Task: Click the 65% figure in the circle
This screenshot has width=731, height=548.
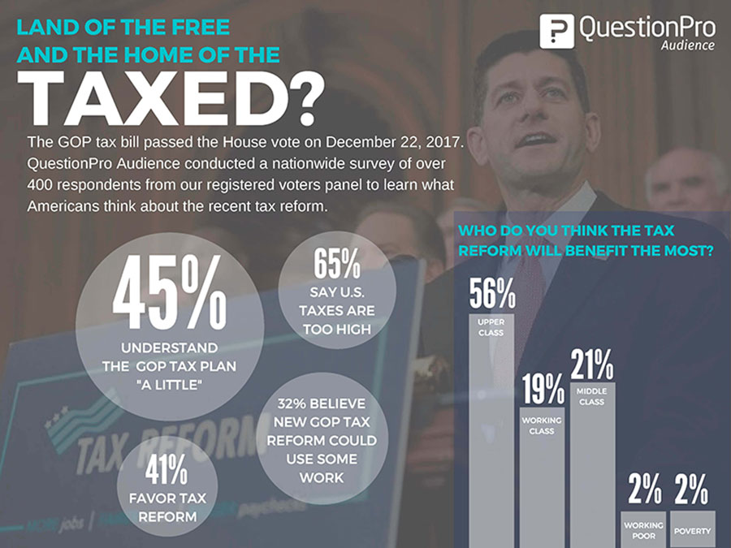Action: (336, 264)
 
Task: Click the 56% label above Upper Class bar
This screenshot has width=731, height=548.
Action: (491, 295)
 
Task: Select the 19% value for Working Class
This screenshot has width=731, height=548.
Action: (542, 390)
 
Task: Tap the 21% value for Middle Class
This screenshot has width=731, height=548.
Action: (592, 365)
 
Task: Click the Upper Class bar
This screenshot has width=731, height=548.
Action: (491, 438)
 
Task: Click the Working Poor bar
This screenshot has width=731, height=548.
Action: (643, 529)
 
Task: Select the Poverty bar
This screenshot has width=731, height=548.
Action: (693, 529)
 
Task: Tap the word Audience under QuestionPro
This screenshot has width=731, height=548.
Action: (687, 45)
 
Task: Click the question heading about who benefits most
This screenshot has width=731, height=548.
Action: (586, 241)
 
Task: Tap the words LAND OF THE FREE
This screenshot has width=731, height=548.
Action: (123, 27)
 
